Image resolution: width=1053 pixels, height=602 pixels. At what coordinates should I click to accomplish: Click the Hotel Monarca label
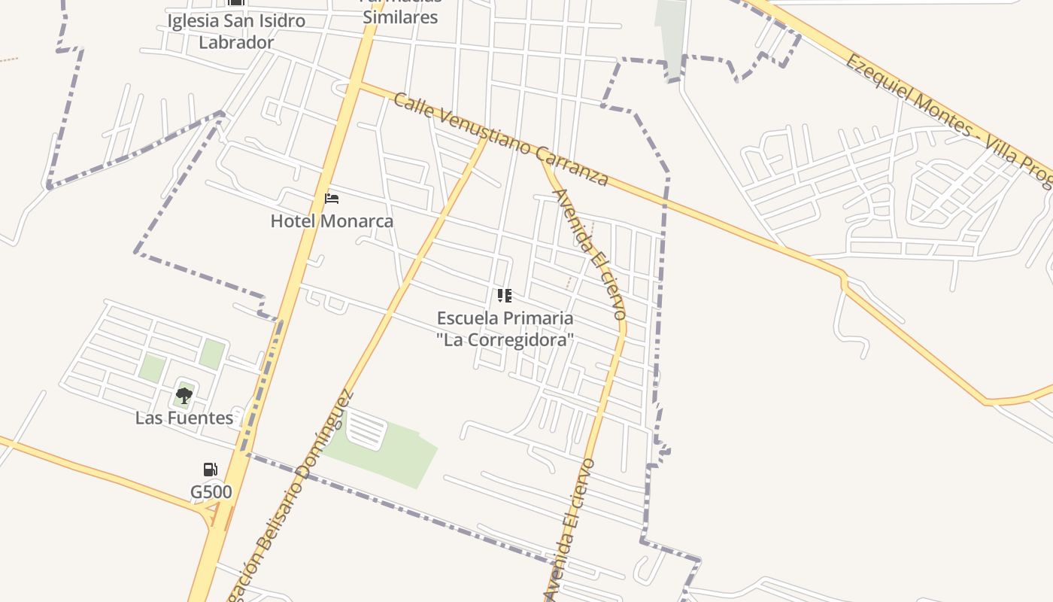pos(332,221)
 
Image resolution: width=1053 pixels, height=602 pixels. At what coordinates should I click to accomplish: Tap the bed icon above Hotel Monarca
pos(332,199)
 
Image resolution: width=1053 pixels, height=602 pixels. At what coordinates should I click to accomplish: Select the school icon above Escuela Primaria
pos(505,296)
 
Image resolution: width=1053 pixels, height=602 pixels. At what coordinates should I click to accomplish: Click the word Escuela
pos(468,318)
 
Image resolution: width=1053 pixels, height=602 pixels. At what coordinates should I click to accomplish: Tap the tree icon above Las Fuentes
pos(184,395)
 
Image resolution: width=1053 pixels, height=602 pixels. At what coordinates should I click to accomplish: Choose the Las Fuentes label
pos(184,418)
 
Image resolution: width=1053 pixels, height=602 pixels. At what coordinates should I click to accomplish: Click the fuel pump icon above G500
pos(211,470)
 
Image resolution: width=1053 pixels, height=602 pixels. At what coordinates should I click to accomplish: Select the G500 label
pos(211,492)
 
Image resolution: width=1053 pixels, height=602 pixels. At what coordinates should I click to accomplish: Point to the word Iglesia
pos(193,20)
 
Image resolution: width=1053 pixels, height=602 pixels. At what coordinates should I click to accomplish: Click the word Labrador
pos(236,42)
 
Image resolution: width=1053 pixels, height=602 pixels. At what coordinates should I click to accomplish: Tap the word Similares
pos(400,17)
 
